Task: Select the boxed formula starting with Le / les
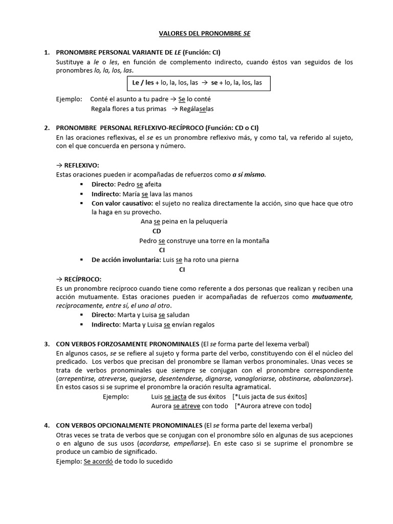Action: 198,82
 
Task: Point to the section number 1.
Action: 46,52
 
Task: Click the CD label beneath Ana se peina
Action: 157,231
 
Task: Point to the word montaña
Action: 255,241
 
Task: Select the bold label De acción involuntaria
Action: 126,259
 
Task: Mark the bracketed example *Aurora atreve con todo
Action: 273,406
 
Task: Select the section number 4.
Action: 46,425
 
